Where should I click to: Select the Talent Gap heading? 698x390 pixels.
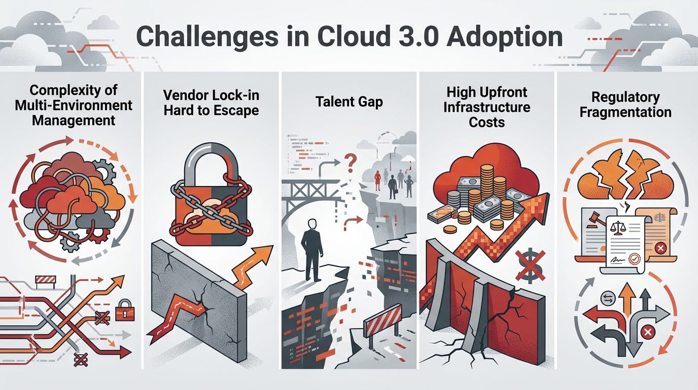(349, 102)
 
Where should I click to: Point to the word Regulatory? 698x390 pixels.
(625, 97)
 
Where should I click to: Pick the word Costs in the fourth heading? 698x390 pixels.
(486, 122)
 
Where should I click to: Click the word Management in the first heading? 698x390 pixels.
(74, 121)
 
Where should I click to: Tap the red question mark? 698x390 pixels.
(351, 164)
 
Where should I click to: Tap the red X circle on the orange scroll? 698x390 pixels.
(660, 248)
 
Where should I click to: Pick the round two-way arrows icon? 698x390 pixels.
(608, 298)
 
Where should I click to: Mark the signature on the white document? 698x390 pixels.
(616, 260)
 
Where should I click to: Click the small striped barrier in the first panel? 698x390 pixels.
(46, 280)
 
